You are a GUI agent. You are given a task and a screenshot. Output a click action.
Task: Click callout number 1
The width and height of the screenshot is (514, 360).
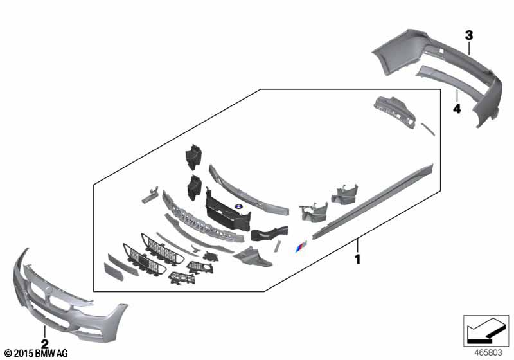click(x=357, y=259)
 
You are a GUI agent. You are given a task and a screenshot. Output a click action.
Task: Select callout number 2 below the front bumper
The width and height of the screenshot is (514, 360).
click(x=44, y=344)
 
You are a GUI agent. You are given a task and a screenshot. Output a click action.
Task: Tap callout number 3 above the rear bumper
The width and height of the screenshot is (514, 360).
click(x=469, y=35)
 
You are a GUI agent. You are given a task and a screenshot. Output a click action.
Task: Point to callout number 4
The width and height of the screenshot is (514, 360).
click(x=457, y=108)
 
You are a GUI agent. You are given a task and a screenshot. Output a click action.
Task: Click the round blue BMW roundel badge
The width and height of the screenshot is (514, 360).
click(x=238, y=206)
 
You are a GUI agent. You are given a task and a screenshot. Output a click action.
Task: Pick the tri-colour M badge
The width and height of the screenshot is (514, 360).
click(x=301, y=246)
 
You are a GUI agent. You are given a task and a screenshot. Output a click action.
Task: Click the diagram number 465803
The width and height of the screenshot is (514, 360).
click(x=488, y=353)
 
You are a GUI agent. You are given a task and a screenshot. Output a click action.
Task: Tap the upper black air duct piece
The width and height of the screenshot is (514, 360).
click(x=193, y=156)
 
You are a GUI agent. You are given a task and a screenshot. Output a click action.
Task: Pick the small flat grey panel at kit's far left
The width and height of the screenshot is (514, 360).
click(x=114, y=271)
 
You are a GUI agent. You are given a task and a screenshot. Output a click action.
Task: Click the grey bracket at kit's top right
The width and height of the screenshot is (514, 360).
click(x=394, y=112)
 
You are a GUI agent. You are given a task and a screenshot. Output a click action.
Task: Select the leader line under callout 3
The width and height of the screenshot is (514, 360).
click(x=469, y=48)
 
